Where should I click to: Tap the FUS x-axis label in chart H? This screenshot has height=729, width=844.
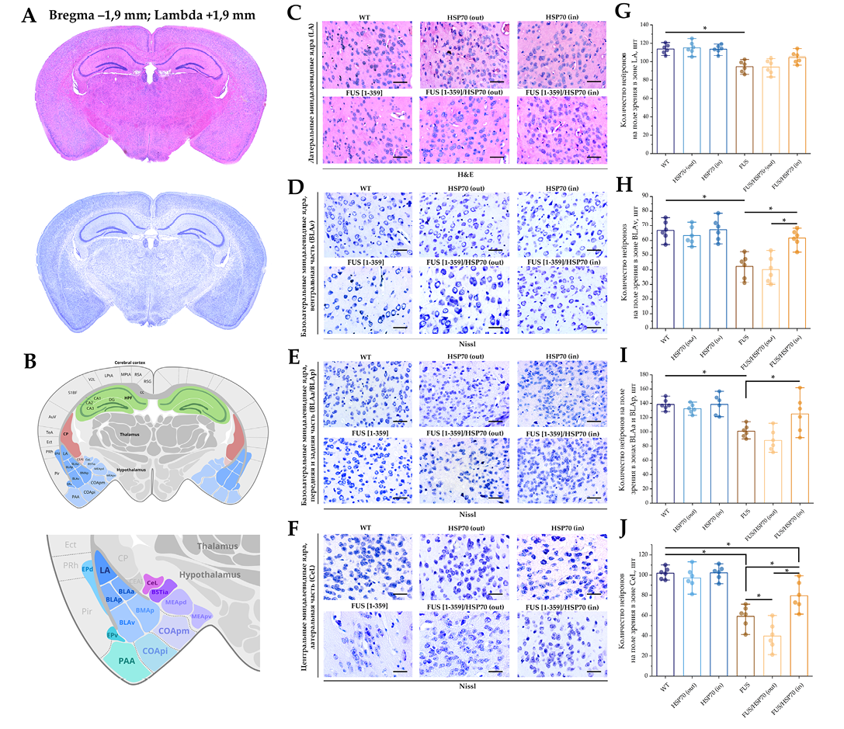744,318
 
